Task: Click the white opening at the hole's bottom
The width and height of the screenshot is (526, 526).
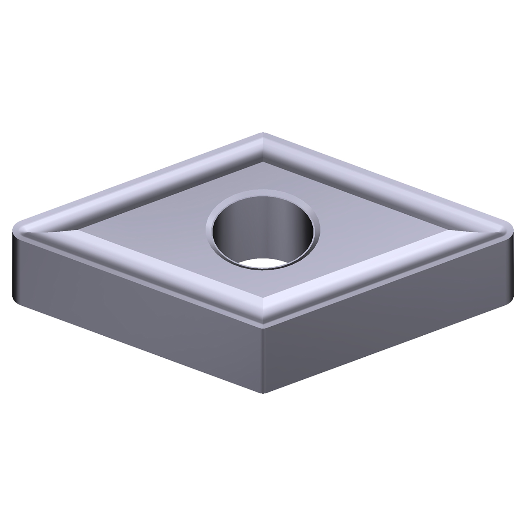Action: [x=263, y=265]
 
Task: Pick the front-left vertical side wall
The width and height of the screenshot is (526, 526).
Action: [x=136, y=312]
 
